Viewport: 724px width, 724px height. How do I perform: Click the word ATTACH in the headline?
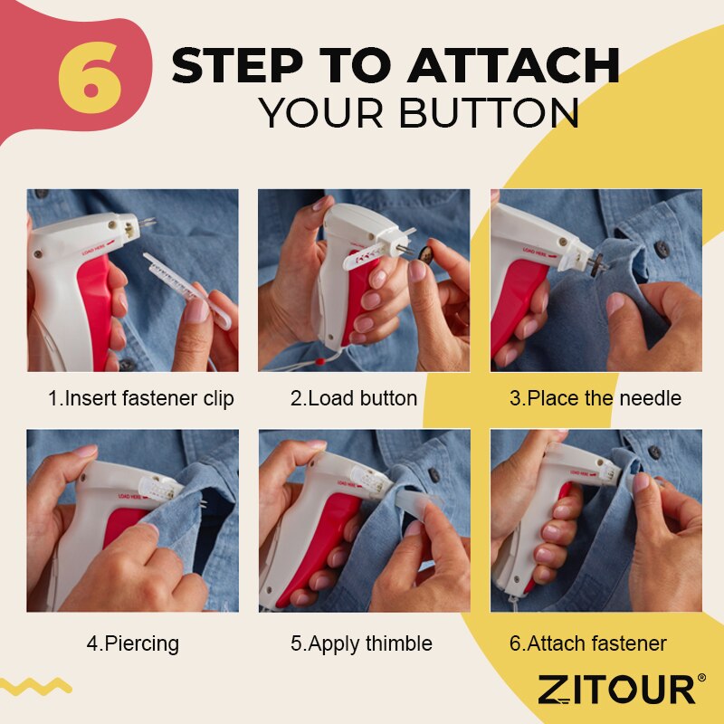point(514,65)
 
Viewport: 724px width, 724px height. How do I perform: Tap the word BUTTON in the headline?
point(489,113)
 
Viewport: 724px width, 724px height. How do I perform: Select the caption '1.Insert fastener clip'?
point(140,398)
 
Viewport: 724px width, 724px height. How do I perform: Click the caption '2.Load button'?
point(354,398)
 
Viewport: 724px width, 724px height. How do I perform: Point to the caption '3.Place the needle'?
point(595,398)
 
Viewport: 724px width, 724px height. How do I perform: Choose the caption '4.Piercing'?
point(133,644)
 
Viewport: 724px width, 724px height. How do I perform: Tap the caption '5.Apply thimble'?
point(361,644)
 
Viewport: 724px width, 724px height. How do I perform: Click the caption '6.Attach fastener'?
point(587,644)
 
